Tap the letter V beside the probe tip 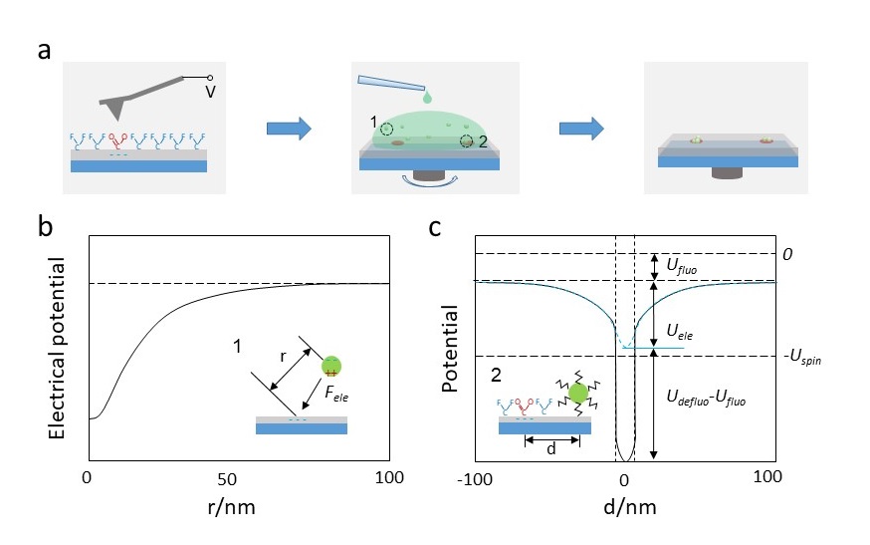210,92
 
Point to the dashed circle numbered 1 387,127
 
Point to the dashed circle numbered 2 465,141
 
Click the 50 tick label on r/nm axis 237,476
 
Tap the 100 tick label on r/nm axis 386,476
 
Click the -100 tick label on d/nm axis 478,476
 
